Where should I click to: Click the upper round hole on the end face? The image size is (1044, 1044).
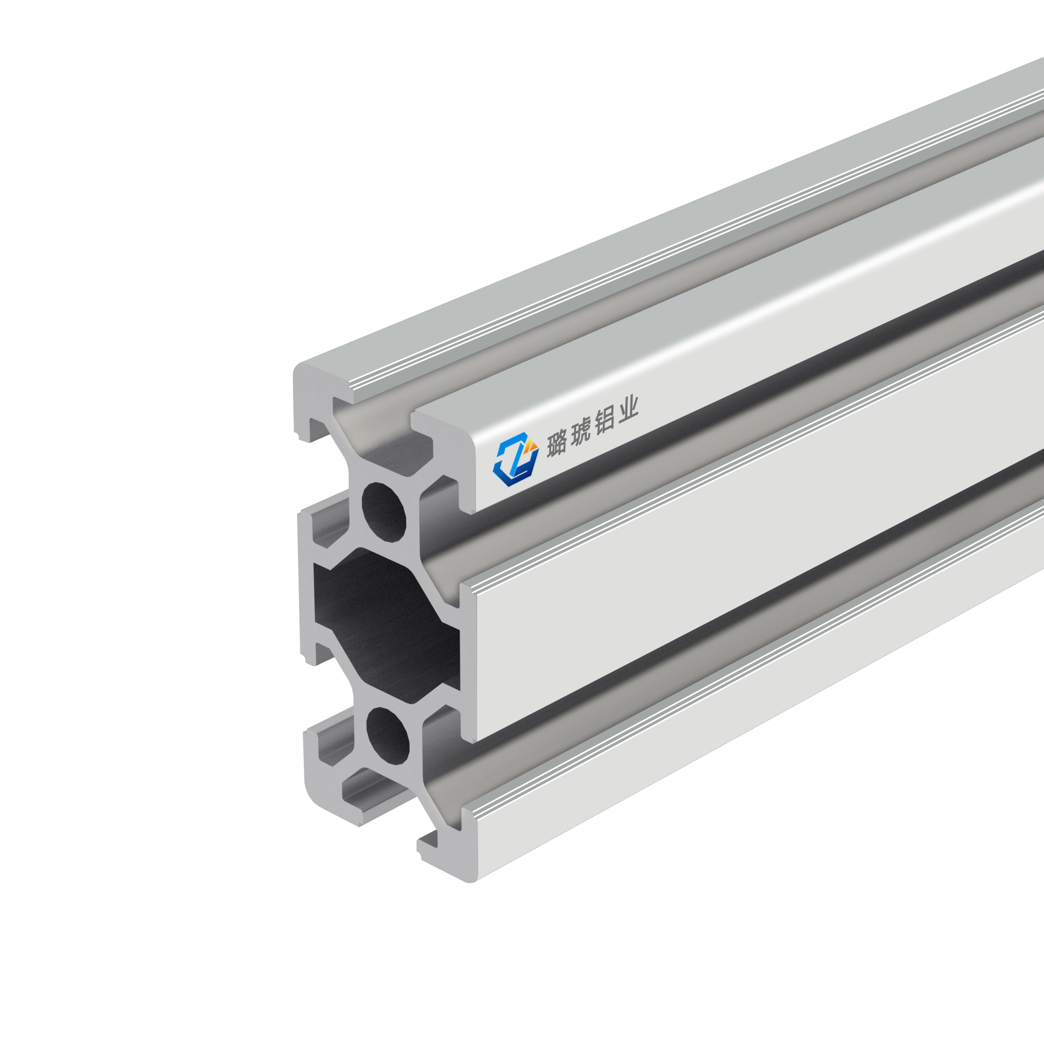click(x=384, y=511)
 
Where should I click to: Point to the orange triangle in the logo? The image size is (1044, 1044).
click(x=532, y=444)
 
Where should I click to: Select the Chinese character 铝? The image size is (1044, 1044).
click(x=604, y=421)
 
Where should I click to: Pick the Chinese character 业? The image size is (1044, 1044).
click(x=628, y=410)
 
